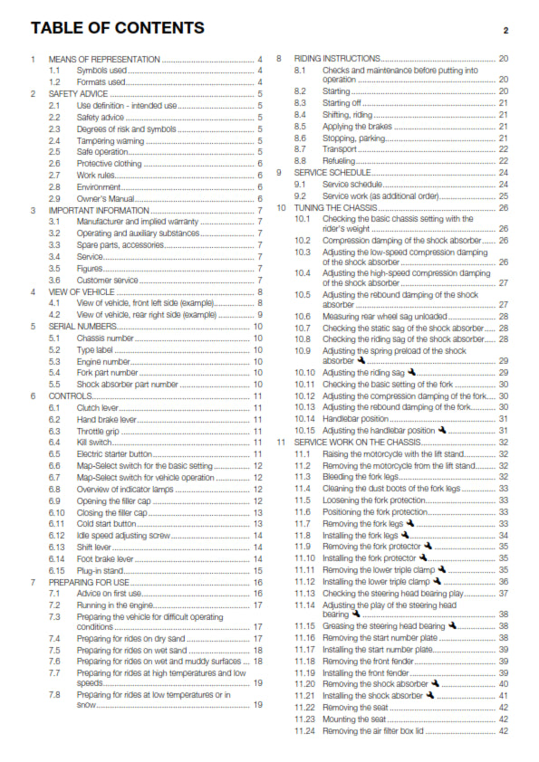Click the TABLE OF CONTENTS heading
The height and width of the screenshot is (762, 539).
(x=117, y=28)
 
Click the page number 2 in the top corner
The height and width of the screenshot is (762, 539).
(x=505, y=31)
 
